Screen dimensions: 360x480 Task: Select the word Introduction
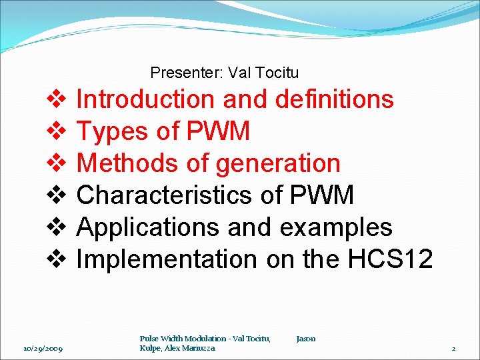point(146,100)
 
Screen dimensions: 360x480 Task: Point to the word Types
point(111,132)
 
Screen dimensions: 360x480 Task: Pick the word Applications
point(148,227)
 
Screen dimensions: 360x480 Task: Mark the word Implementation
point(166,259)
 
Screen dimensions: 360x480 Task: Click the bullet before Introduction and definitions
point(55,100)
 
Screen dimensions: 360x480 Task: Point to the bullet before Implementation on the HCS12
point(55,259)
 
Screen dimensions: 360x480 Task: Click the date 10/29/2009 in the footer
point(43,348)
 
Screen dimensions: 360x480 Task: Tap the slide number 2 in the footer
point(453,348)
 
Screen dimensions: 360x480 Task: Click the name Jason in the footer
point(306,339)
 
